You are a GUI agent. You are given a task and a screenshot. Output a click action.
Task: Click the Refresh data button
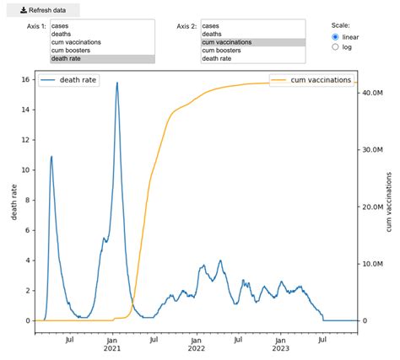click(41, 10)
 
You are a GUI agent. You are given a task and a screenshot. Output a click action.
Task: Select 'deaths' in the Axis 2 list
click(212, 34)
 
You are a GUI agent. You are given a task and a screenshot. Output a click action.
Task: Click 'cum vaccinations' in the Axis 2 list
click(229, 42)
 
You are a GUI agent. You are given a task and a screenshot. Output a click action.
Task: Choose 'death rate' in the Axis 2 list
click(219, 59)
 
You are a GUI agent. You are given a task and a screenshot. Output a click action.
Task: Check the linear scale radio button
click(336, 37)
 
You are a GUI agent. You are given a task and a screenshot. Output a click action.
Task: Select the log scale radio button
click(336, 47)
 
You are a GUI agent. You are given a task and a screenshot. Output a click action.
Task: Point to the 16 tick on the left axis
click(26, 79)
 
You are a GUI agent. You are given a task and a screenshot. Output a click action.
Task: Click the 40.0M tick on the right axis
click(372, 93)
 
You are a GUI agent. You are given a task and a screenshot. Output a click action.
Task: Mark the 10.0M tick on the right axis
click(372, 264)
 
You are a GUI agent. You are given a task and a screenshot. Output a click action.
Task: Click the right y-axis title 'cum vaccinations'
click(389, 202)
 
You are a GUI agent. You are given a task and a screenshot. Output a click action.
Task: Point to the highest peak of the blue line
click(117, 83)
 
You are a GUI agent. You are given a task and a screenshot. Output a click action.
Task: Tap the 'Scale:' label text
click(341, 26)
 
